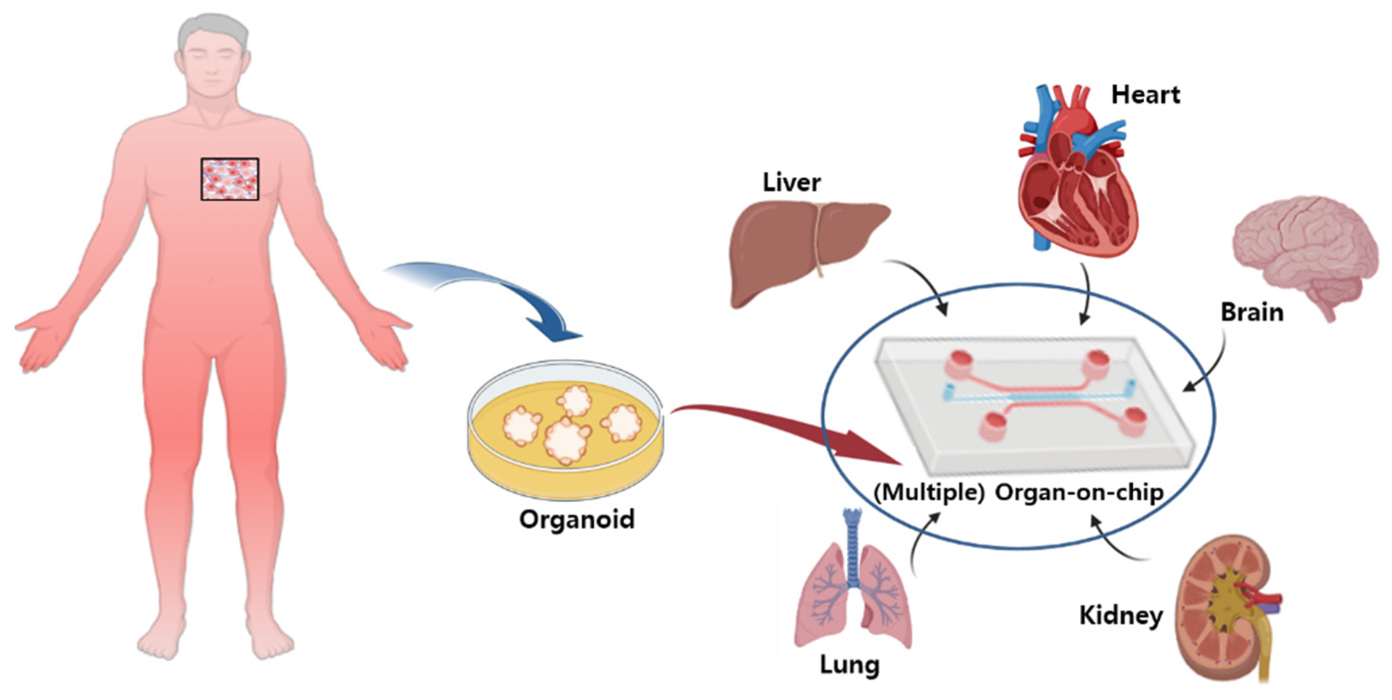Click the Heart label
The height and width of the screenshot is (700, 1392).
tap(1145, 95)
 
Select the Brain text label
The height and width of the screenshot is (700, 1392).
tap(1252, 312)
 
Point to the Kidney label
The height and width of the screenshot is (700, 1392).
tap(1121, 616)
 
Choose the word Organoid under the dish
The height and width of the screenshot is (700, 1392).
tap(577, 520)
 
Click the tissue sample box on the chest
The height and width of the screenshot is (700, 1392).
tap(230, 179)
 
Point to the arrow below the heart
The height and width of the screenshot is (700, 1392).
tap(1085, 294)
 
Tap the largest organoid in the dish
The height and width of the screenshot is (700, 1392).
tap(566, 440)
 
